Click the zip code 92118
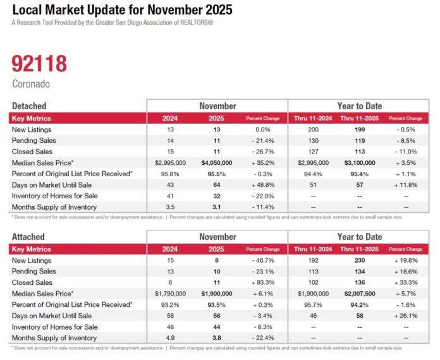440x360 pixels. (x=39, y=64)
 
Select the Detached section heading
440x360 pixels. (x=29, y=106)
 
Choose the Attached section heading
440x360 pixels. (x=28, y=237)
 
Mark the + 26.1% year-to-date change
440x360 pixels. (x=406, y=315)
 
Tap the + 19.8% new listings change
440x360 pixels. (x=406, y=260)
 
